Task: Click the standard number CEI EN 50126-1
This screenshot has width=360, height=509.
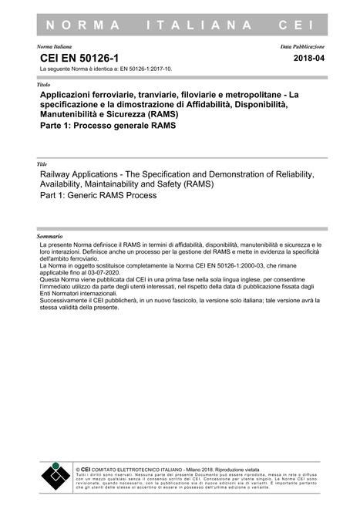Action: pyautogui.click(x=73, y=59)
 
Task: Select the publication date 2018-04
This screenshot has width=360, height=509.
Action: pyautogui.click(x=309, y=59)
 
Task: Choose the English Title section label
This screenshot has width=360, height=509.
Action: pyautogui.click(x=42, y=165)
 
